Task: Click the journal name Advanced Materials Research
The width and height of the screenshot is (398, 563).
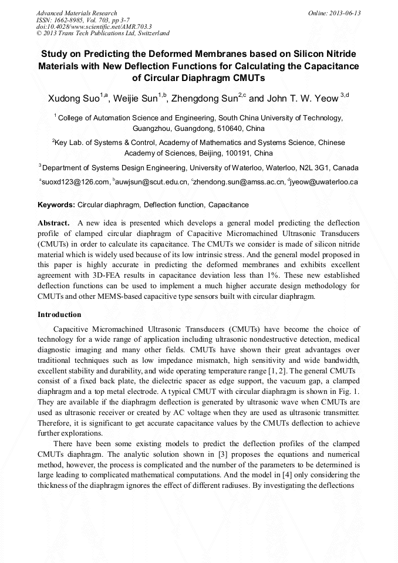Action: (x=76, y=13)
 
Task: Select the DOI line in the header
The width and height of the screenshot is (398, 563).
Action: (x=94, y=26)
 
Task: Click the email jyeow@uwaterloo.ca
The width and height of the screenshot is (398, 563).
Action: (x=323, y=182)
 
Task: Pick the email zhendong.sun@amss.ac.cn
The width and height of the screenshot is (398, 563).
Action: (x=240, y=182)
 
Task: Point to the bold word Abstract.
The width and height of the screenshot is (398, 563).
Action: (x=54, y=223)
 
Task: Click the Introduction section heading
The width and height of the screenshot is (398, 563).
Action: (x=59, y=315)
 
